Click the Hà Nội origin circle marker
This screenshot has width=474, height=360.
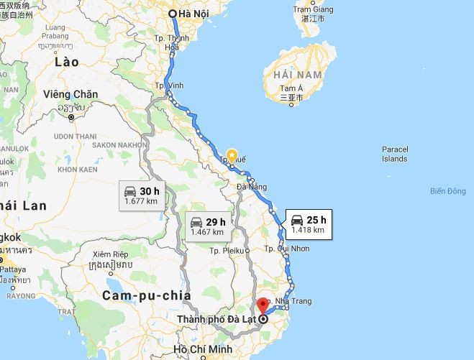coord(173,14)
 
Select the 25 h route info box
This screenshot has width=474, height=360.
coord(307,224)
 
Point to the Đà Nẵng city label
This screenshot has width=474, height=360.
coord(252,187)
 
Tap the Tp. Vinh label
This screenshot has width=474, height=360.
coord(169,85)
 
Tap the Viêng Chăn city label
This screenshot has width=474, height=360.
coord(70,94)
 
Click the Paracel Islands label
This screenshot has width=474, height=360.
coord(395,154)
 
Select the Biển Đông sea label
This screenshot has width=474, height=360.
coord(447,191)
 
